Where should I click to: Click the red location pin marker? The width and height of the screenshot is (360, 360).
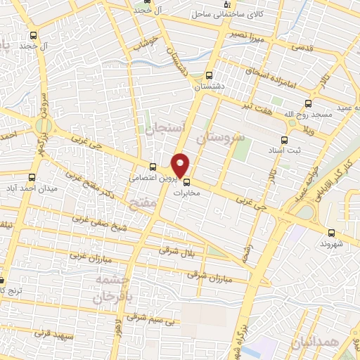point(181,165)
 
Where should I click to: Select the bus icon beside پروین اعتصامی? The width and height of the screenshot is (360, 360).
point(153,167)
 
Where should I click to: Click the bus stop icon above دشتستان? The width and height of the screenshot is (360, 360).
point(208,76)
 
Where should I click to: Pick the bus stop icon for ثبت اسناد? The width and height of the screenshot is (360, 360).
point(284,140)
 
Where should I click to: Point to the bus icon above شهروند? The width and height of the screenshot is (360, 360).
point(330,233)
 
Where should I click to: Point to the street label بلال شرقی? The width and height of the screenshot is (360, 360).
point(176,250)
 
